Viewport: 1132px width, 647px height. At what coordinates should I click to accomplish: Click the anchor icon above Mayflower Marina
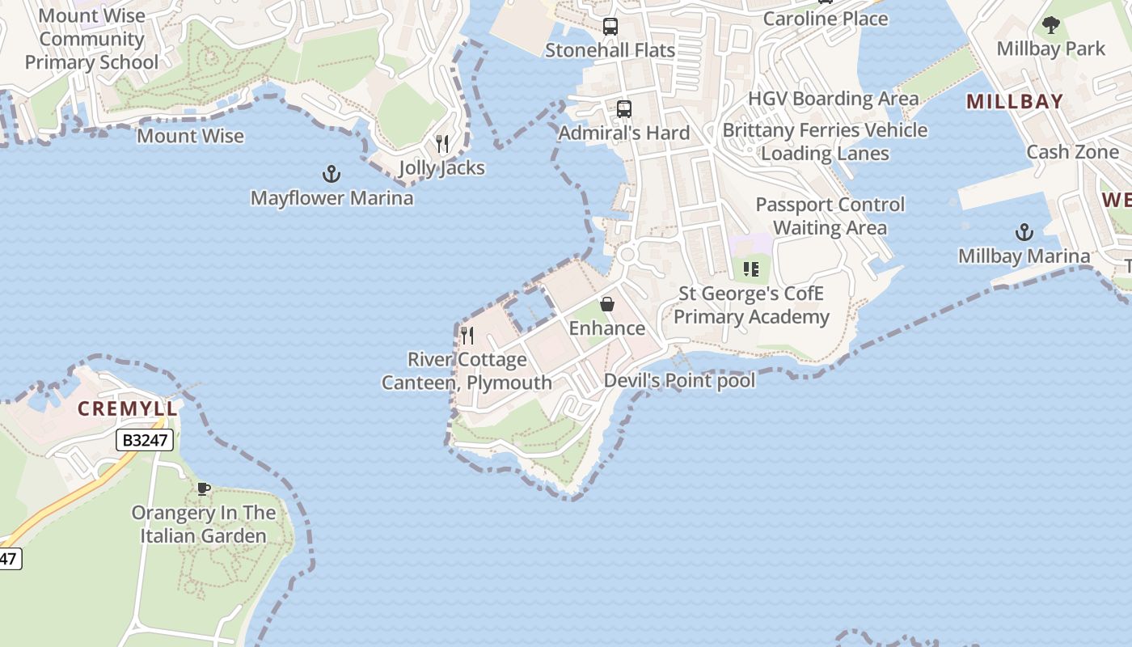point(331,173)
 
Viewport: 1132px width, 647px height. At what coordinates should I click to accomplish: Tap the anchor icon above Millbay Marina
point(1024,232)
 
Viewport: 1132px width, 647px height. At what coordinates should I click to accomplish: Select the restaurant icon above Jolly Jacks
point(442,144)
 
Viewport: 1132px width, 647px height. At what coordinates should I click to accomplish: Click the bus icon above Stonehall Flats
point(610,27)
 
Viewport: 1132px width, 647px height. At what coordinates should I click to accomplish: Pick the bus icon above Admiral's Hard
point(623,109)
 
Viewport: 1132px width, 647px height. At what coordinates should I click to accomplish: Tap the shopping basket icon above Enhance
point(607,304)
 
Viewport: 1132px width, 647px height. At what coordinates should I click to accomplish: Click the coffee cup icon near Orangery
point(204,488)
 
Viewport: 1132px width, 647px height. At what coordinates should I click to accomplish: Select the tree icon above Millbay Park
point(1050,25)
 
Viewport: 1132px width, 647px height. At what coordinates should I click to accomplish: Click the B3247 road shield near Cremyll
point(145,441)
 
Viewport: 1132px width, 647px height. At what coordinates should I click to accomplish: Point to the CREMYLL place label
point(127,408)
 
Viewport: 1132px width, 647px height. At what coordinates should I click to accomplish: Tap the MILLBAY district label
point(1015,102)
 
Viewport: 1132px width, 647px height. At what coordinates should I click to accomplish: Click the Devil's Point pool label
point(680,380)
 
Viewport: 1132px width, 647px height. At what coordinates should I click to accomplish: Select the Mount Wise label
point(190,136)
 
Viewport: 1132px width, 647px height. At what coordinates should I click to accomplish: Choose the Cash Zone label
point(1072,152)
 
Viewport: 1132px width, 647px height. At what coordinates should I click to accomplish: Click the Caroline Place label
point(825,19)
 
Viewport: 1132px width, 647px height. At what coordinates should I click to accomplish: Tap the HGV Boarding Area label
point(833,99)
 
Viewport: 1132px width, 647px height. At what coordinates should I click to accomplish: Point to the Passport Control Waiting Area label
point(830,216)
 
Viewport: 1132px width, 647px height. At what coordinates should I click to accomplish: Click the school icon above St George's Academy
point(751,269)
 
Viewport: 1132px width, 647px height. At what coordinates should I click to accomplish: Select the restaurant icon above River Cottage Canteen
point(467,335)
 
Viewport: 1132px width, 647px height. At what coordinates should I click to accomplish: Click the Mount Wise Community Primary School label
point(91,39)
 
